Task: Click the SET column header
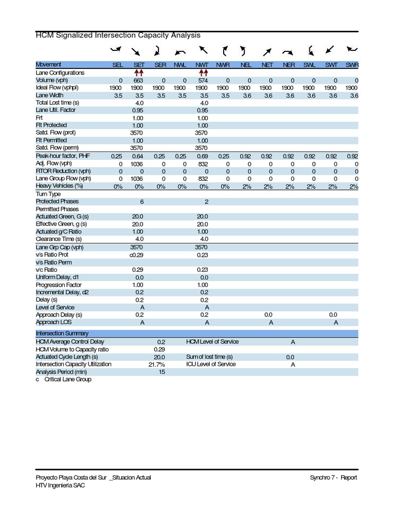tap(139, 65)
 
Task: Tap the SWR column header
tap(352, 65)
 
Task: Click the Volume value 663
tap(139, 81)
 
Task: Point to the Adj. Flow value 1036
tap(137, 164)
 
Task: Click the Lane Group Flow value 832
tap(202, 179)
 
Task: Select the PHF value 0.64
tap(139, 156)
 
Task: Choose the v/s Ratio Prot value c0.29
tap(137, 255)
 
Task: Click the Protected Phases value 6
tap(142, 202)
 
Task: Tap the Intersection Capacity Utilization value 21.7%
tap(157, 364)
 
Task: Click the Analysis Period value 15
tap(162, 372)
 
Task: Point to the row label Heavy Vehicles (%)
tap(59, 186)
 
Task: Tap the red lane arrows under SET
tap(139, 73)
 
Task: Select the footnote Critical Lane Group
tap(67, 380)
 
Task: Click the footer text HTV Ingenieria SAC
tap(61, 485)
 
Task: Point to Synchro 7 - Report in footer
tap(333, 478)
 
